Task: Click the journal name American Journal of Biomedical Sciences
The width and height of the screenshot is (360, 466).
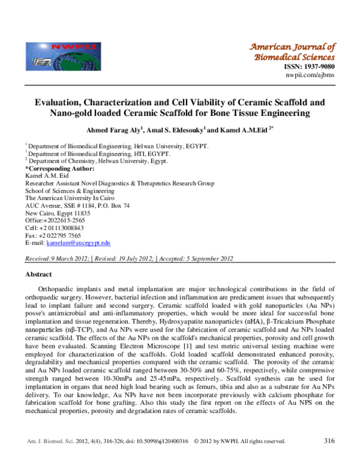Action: coord(292,52)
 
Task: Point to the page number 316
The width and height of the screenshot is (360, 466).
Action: coord(328,441)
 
